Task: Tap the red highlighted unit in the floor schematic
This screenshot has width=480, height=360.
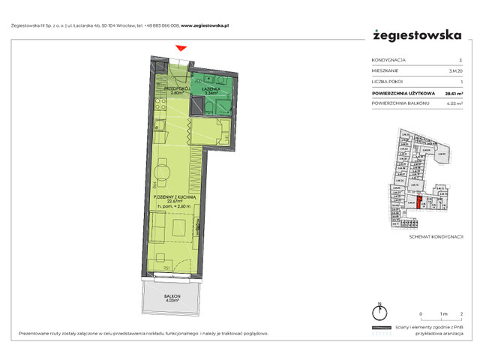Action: (419, 202)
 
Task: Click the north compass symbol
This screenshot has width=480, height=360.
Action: (380, 313)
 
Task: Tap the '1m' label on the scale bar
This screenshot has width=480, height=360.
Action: (443, 313)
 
